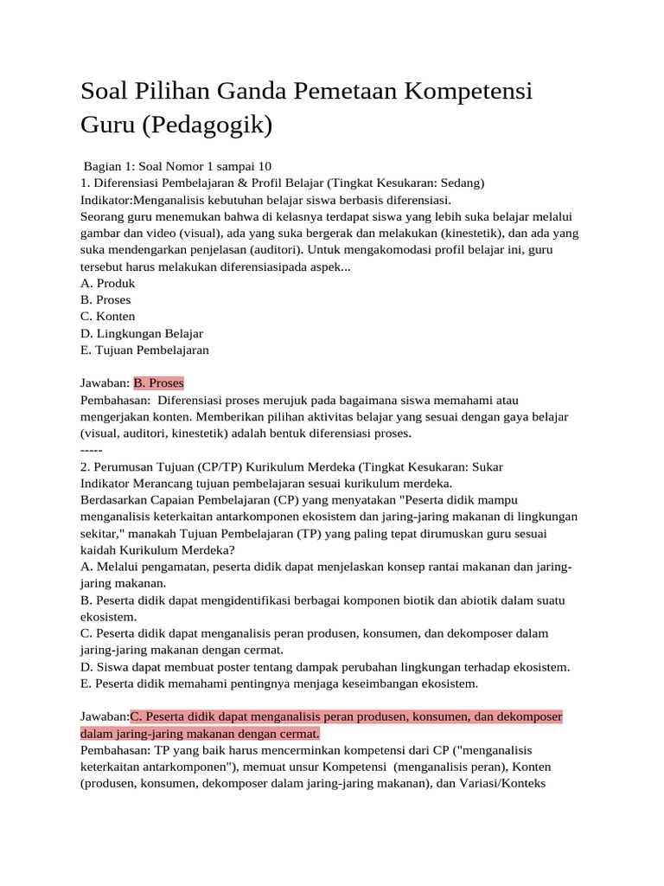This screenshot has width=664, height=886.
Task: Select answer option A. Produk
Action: [x=108, y=283]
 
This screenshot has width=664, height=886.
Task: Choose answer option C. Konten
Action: [x=108, y=317]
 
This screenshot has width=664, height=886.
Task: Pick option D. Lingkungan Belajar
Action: [x=142, y=333]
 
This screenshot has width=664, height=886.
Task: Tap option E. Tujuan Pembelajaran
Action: [x=144, y=350]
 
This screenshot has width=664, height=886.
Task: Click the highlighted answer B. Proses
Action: [x=159, y=383]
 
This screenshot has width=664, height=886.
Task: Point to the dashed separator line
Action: [x=91, y=450]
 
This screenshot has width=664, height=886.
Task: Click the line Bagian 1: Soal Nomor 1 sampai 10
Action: [x=178, y=166]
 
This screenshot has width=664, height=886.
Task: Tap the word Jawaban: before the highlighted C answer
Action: [x=105, y=716]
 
